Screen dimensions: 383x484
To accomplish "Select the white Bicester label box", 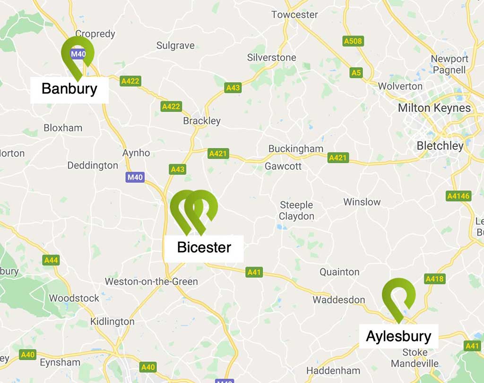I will click(204, 248).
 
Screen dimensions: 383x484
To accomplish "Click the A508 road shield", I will click(353, 42).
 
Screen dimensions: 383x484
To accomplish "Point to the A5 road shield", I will click(356, 73).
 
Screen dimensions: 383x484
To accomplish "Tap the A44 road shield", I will click(51, 260).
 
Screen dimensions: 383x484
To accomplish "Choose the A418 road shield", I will click(434, 279).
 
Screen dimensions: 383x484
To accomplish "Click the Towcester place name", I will click(294, 15).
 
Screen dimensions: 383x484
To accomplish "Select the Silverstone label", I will click(272, 58).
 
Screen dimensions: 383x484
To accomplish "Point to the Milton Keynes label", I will click(434, 108).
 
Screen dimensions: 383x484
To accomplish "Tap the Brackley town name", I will click(202, 121).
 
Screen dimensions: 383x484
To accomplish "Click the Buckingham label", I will click(296, 149).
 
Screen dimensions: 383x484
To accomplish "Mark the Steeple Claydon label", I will click(296, 211).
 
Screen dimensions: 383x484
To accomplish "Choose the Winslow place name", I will click(362, 202).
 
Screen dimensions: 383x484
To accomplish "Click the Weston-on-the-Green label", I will click(151, 281).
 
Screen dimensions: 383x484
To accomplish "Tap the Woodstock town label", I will click(74, 298).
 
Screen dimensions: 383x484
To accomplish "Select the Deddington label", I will click(93, 165).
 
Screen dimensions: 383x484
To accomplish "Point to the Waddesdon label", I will click(338, 300).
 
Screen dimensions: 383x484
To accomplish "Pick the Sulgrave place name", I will click(175, 45).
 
